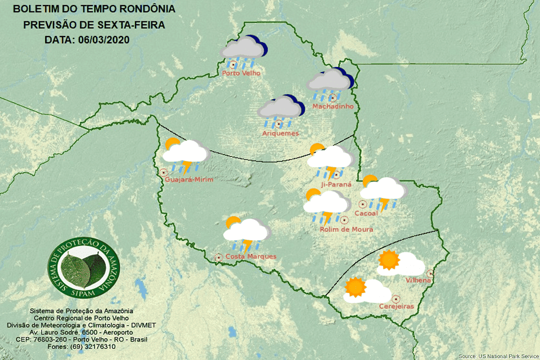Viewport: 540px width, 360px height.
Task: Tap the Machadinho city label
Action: (x=332, y=106)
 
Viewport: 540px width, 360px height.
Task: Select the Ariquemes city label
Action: (x=280, y=133)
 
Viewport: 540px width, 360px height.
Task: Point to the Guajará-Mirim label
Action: (x=190, y=179)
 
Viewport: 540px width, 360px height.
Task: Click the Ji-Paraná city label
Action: (x=335, y=184)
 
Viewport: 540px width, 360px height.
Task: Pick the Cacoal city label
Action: (x=367, y=213)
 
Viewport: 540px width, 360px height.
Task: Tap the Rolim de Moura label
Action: (x=346, y=229)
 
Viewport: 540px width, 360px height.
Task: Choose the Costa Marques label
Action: (x=251, y=256)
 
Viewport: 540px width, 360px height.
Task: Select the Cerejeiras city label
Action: (x=397, y=307)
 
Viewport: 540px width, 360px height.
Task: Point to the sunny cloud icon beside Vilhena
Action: (x=400, y=263)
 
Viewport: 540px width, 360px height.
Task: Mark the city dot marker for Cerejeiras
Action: (x=396, y=299)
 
